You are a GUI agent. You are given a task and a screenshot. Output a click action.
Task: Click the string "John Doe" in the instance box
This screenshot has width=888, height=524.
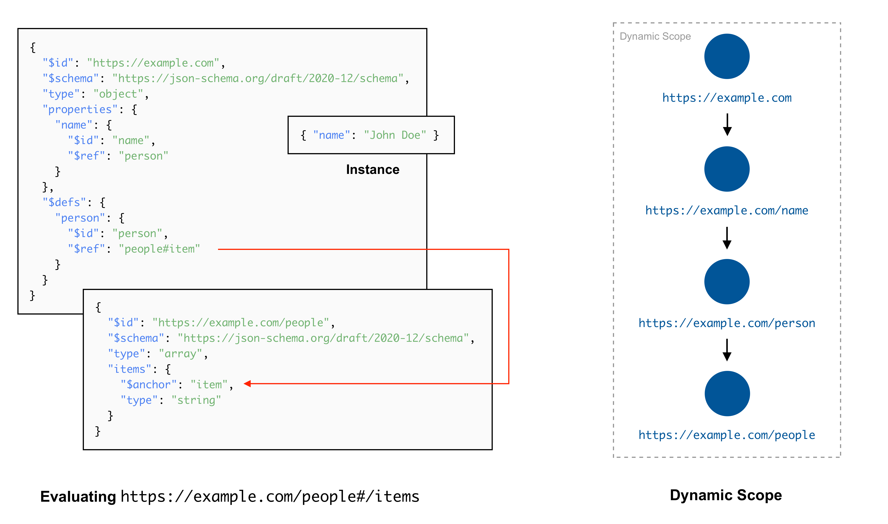coord(395,135)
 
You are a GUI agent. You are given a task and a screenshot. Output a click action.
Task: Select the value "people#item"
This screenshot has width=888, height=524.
coord(159,249)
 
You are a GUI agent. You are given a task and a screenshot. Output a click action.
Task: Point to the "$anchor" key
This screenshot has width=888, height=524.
coord(149,384)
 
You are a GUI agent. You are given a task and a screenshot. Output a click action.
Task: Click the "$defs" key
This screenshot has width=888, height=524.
coord(64,202)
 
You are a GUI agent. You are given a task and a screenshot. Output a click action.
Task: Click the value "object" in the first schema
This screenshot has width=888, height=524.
coord(118,94)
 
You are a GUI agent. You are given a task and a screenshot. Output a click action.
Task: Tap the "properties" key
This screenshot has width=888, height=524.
coord(80,109)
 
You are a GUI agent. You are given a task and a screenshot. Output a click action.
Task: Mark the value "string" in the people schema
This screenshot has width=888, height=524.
coord(196,400)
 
